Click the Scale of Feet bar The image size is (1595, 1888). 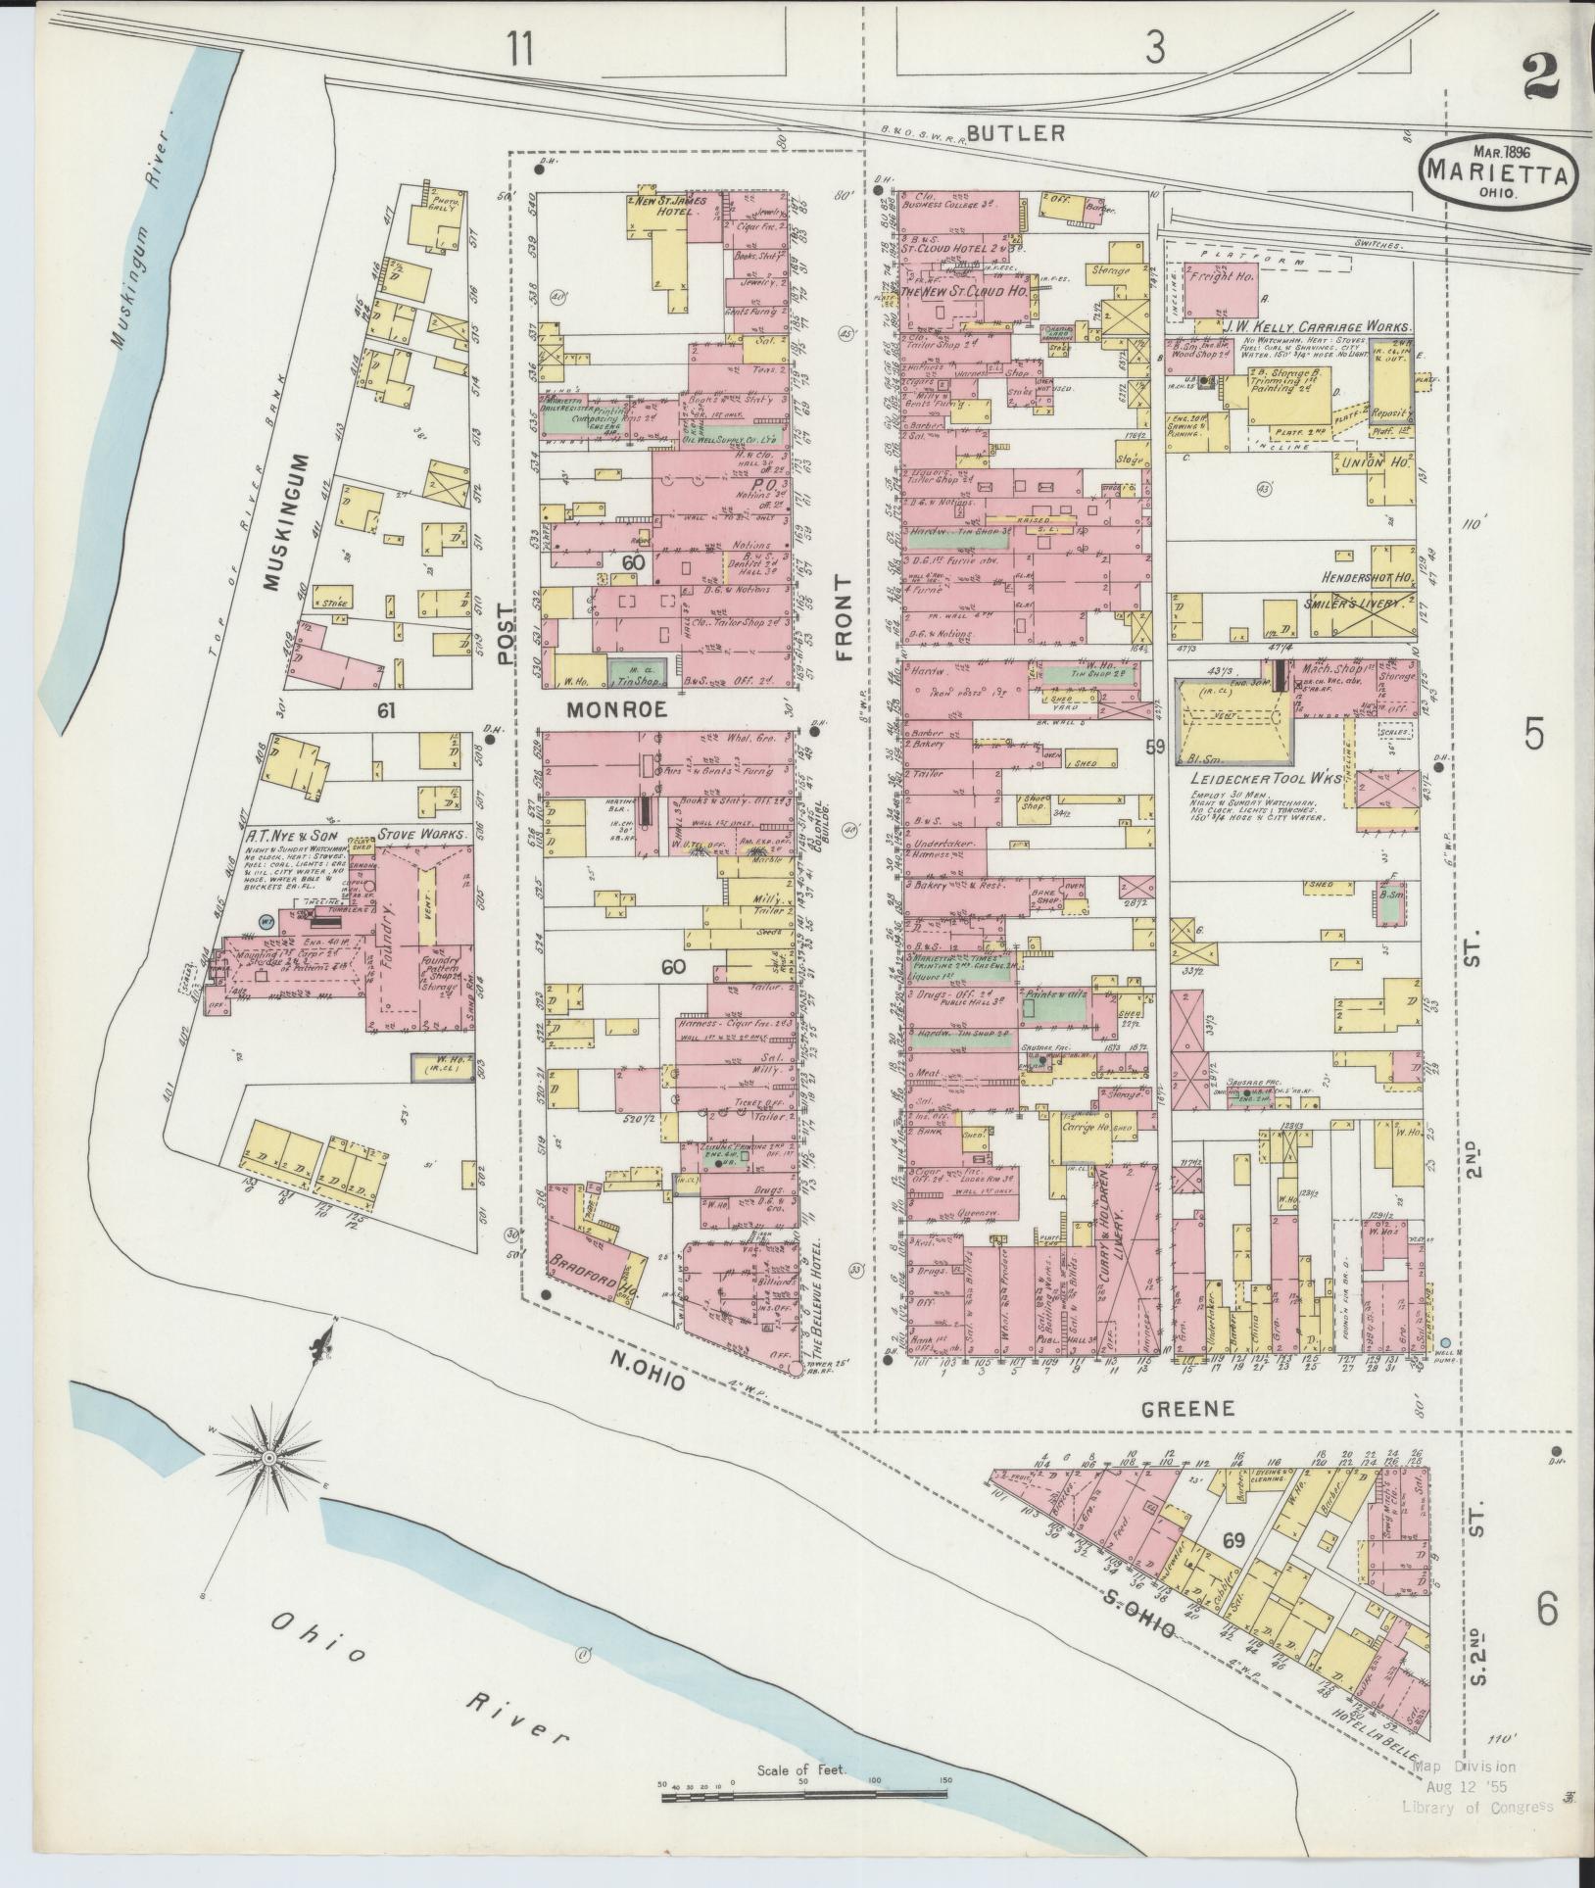click(803, 1795)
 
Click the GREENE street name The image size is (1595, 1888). click(1188, 1408)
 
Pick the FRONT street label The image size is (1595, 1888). click(844, 617)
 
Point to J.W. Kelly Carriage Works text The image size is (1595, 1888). click(1318, 327)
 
